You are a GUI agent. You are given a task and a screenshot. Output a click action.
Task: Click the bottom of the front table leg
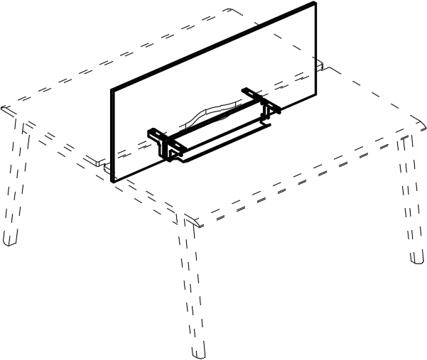point(198,351)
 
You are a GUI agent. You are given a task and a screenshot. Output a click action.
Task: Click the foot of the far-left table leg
point(9,239)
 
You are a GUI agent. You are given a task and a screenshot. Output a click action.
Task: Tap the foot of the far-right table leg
point(417,258)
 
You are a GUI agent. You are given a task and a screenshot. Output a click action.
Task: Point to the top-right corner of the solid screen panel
point(314,4)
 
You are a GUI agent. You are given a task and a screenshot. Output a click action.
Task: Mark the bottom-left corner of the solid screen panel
point(113,181)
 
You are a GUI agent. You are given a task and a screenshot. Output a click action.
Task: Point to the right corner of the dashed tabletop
point(418,130)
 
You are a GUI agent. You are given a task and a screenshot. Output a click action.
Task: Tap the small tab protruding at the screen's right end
point(322,67)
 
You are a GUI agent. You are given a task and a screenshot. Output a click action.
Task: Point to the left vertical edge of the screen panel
point(112,135)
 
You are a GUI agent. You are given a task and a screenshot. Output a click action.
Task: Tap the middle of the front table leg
point(190,284)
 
